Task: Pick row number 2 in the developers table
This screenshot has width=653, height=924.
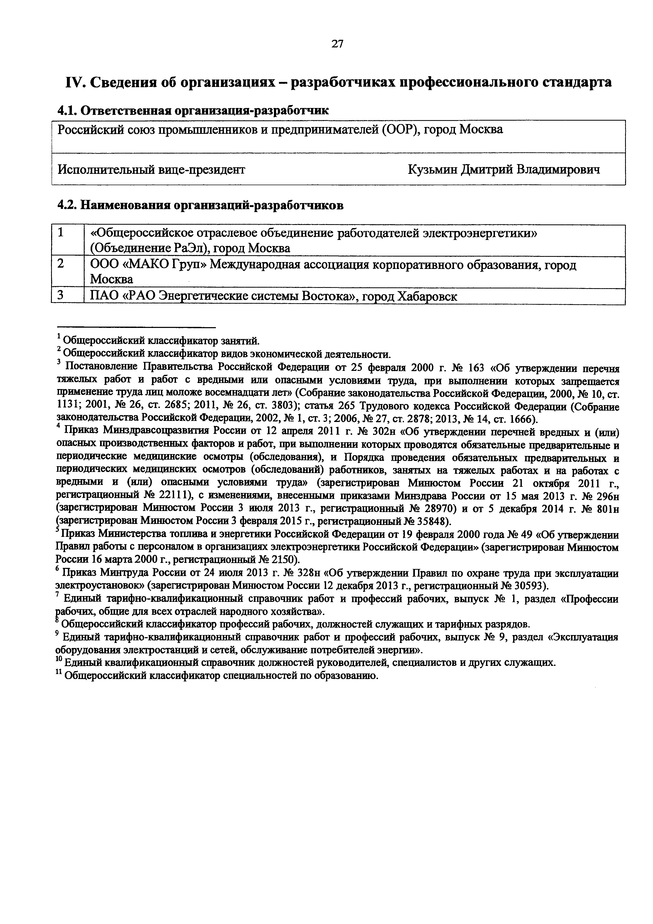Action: tap(61, 264)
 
